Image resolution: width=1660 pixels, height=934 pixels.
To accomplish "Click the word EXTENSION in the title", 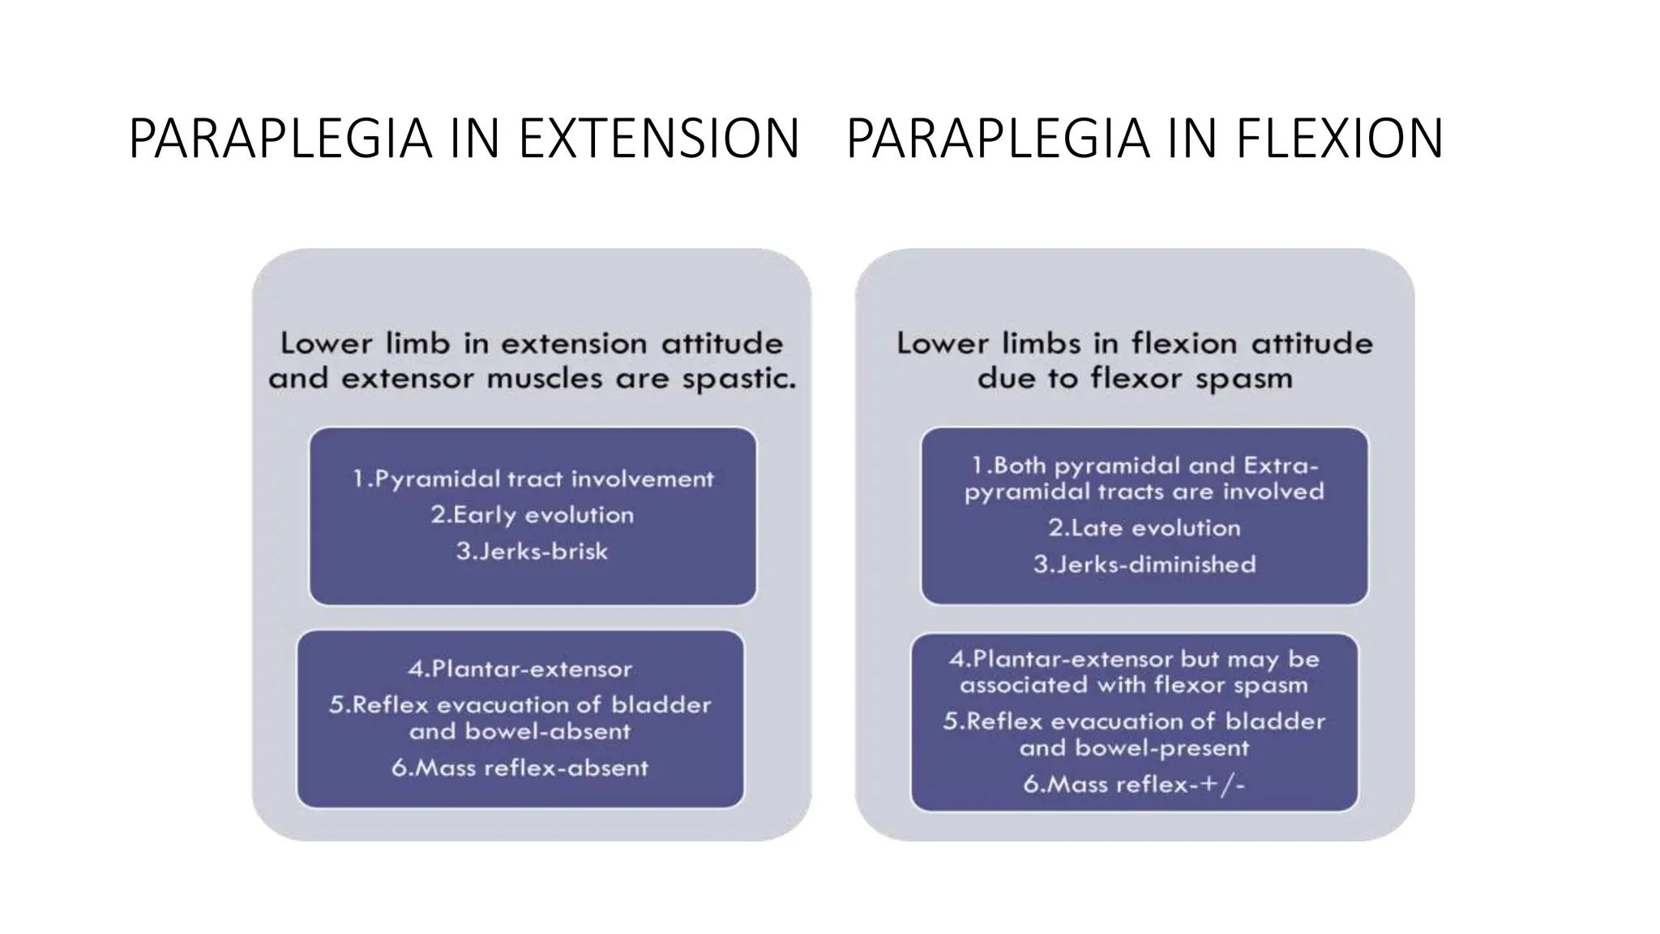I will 658,139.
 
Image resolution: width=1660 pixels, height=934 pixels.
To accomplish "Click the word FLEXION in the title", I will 1339,139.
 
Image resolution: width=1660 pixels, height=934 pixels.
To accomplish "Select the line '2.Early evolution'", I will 532,515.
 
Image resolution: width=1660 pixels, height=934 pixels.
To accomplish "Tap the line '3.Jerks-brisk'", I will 532,551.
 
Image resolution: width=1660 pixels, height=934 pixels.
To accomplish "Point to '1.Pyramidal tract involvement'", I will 533,479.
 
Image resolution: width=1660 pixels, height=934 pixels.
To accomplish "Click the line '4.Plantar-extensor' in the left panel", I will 520,669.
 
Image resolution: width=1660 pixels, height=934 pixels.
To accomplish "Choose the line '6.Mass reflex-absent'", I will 520,768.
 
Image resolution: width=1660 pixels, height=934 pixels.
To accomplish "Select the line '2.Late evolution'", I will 1144,528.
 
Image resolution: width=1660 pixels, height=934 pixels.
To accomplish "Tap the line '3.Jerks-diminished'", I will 1144,564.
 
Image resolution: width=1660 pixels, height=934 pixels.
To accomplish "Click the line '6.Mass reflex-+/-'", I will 1133,784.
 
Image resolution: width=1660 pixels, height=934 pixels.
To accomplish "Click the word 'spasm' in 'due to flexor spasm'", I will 1243,379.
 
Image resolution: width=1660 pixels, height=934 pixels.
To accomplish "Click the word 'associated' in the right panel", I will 1023,685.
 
